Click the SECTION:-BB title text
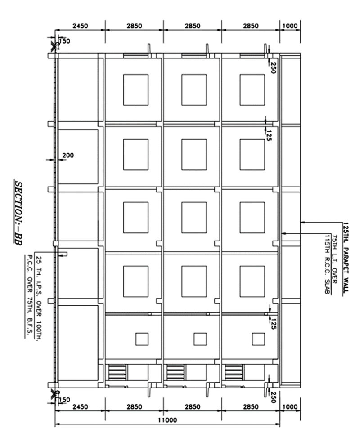pyautogui.click(x=19, y=214)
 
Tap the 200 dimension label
pyautogui.click(x=68, y=156)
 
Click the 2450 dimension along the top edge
pyautogui.click(x=80, y=26)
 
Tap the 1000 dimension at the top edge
pyautogui.click(x=290, y=26)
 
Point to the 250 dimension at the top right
pyautogui.click(x=273, y=67)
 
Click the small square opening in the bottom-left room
pyautogui.click(x=142, y=339)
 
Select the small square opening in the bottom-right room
pyautogui.click(x=258, y=339)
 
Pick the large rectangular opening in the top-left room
pyautogui.click(x=136, y=89)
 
